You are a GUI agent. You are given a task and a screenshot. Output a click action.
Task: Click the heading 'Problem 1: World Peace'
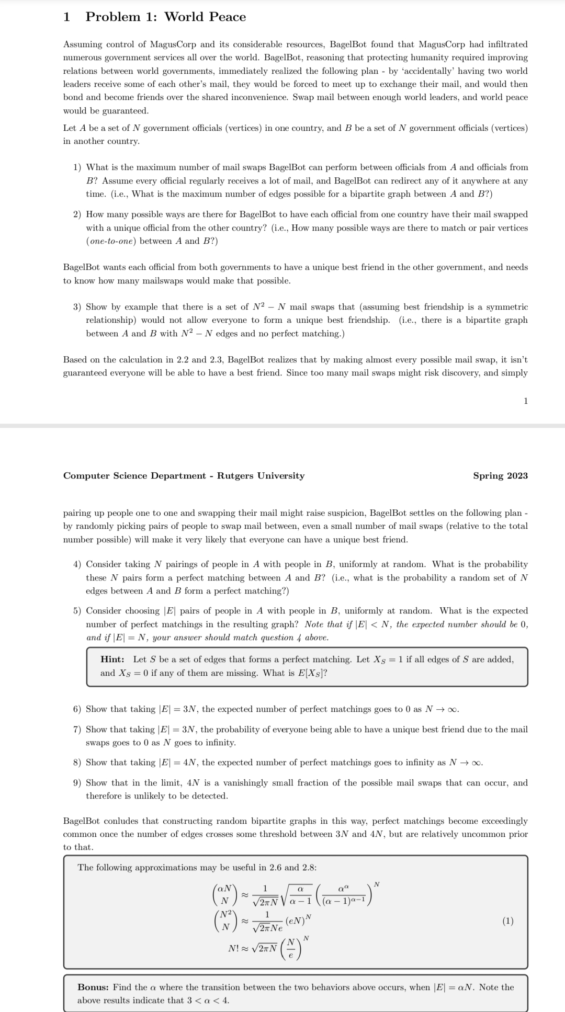click(165, 17)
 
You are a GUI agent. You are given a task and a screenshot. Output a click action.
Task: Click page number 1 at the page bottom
click(525, 401)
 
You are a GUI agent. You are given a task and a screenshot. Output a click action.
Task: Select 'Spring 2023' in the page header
click(500, 476)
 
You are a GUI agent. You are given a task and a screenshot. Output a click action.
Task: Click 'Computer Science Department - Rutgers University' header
click(184, 476)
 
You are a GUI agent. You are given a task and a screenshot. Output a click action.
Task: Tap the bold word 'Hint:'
click(112, 659)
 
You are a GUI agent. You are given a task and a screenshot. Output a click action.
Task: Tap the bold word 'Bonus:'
click(93, 987)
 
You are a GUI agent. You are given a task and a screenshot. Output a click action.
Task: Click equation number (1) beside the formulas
click(507, 921)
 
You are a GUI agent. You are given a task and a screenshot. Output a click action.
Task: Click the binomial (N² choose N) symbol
click(225, 921)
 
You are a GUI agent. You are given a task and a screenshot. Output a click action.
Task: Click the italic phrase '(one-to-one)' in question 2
click(111, 241)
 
